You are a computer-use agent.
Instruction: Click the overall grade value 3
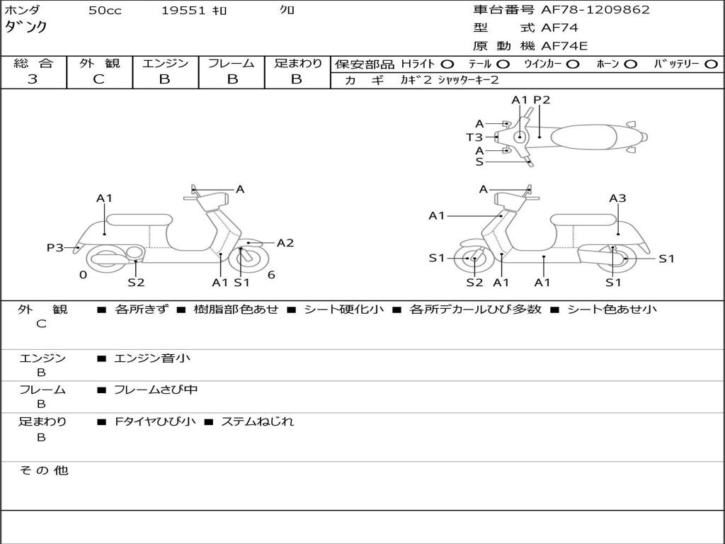click(33, 79)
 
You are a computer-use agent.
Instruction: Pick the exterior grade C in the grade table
click(99, 79)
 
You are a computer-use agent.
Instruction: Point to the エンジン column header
click(165, 64)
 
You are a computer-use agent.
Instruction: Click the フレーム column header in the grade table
click(231, 64)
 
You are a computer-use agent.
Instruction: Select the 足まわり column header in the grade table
click(297, 64)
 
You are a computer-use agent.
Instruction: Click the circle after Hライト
click(447, 64)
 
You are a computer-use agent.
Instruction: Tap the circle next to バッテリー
click(711, 64)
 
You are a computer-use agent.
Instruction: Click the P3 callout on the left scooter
click(55, 248)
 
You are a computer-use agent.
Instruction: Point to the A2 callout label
click(285, 243)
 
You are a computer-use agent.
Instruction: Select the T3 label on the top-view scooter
click(474, 137)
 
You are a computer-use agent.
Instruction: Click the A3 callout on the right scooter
click(617, 198)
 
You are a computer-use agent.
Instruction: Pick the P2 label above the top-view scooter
click(542, 100)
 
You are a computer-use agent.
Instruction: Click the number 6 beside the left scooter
click(271, 275)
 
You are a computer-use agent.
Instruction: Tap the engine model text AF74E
click(564, 47)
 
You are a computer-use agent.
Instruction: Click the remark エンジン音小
click(152, 358)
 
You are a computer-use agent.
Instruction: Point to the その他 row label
click(44, 470)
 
